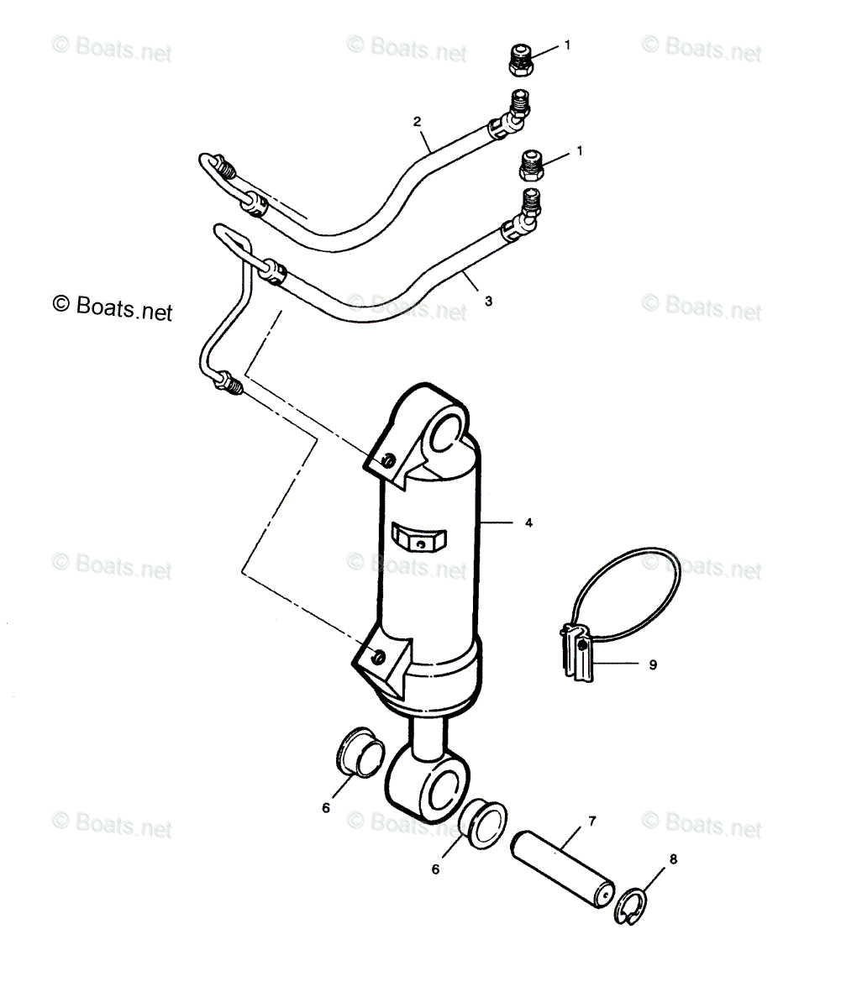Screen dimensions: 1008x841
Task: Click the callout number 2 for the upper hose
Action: click(x=418, y=122)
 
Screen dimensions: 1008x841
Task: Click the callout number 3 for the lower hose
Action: click(x=489, y=298)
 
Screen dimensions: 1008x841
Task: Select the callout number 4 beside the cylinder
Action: click(x=528, y=523)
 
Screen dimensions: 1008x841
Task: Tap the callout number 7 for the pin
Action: click(x=592, y=819)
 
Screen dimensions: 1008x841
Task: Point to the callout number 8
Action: click(x=672, y=858)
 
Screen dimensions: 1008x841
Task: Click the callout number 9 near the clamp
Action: click(x=652, y=664)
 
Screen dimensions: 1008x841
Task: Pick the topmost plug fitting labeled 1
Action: click(x=522, y=59)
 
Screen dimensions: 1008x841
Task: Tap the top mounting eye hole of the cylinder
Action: click(x=446, y=426)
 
